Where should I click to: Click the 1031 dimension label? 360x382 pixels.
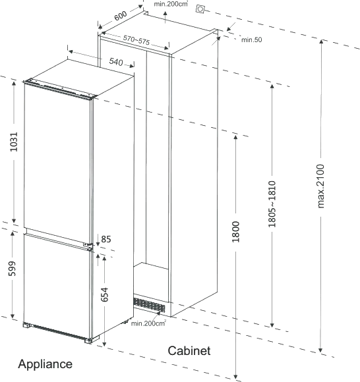[x=14, y=142]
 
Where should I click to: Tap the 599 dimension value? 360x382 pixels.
[x=12, y=269]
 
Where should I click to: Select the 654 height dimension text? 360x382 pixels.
[x=104, y=294]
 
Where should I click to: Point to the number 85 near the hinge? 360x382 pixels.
[x=106, y=239]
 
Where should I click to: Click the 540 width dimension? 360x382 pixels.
[x=116, y=62]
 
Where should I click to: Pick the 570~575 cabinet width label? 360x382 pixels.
[x=136, y=40]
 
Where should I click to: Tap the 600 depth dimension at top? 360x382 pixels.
[x=121, y=16]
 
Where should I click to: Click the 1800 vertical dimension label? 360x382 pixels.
[x=235, y=232]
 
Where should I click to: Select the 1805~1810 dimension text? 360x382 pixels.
[x=272, y=204]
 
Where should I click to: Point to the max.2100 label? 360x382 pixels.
[x=320, y=186]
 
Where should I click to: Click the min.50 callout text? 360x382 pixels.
[x=251, y=40]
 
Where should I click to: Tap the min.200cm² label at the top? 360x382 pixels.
[x=171, y=4]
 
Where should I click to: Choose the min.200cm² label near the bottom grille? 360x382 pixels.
[x=148, y=323]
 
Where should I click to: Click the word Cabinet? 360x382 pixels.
[x=189, y=351]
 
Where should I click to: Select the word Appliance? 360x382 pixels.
[x=45, y=364]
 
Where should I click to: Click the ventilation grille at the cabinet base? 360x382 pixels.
[x=149, y=305]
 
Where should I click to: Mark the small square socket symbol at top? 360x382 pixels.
[x=200, y=9]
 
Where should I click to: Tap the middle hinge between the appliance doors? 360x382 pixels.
[x=89, y=246]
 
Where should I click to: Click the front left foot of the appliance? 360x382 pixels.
[x=26, y=325]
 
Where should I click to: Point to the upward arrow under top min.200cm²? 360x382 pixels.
[x=165, y=17]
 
